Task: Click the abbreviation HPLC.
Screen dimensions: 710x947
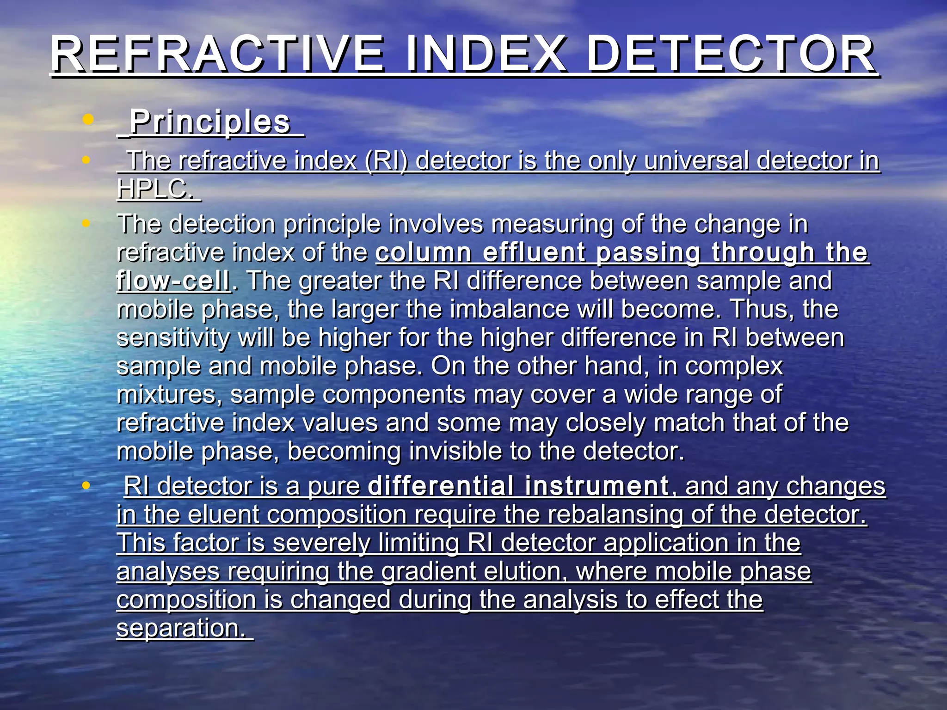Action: (154, 189)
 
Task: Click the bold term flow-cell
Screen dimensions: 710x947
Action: (173, 281)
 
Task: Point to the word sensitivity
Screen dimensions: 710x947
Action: (173, 338)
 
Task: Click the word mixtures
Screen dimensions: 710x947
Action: (169, 395)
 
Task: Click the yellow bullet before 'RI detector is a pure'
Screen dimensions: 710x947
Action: (86, 485)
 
